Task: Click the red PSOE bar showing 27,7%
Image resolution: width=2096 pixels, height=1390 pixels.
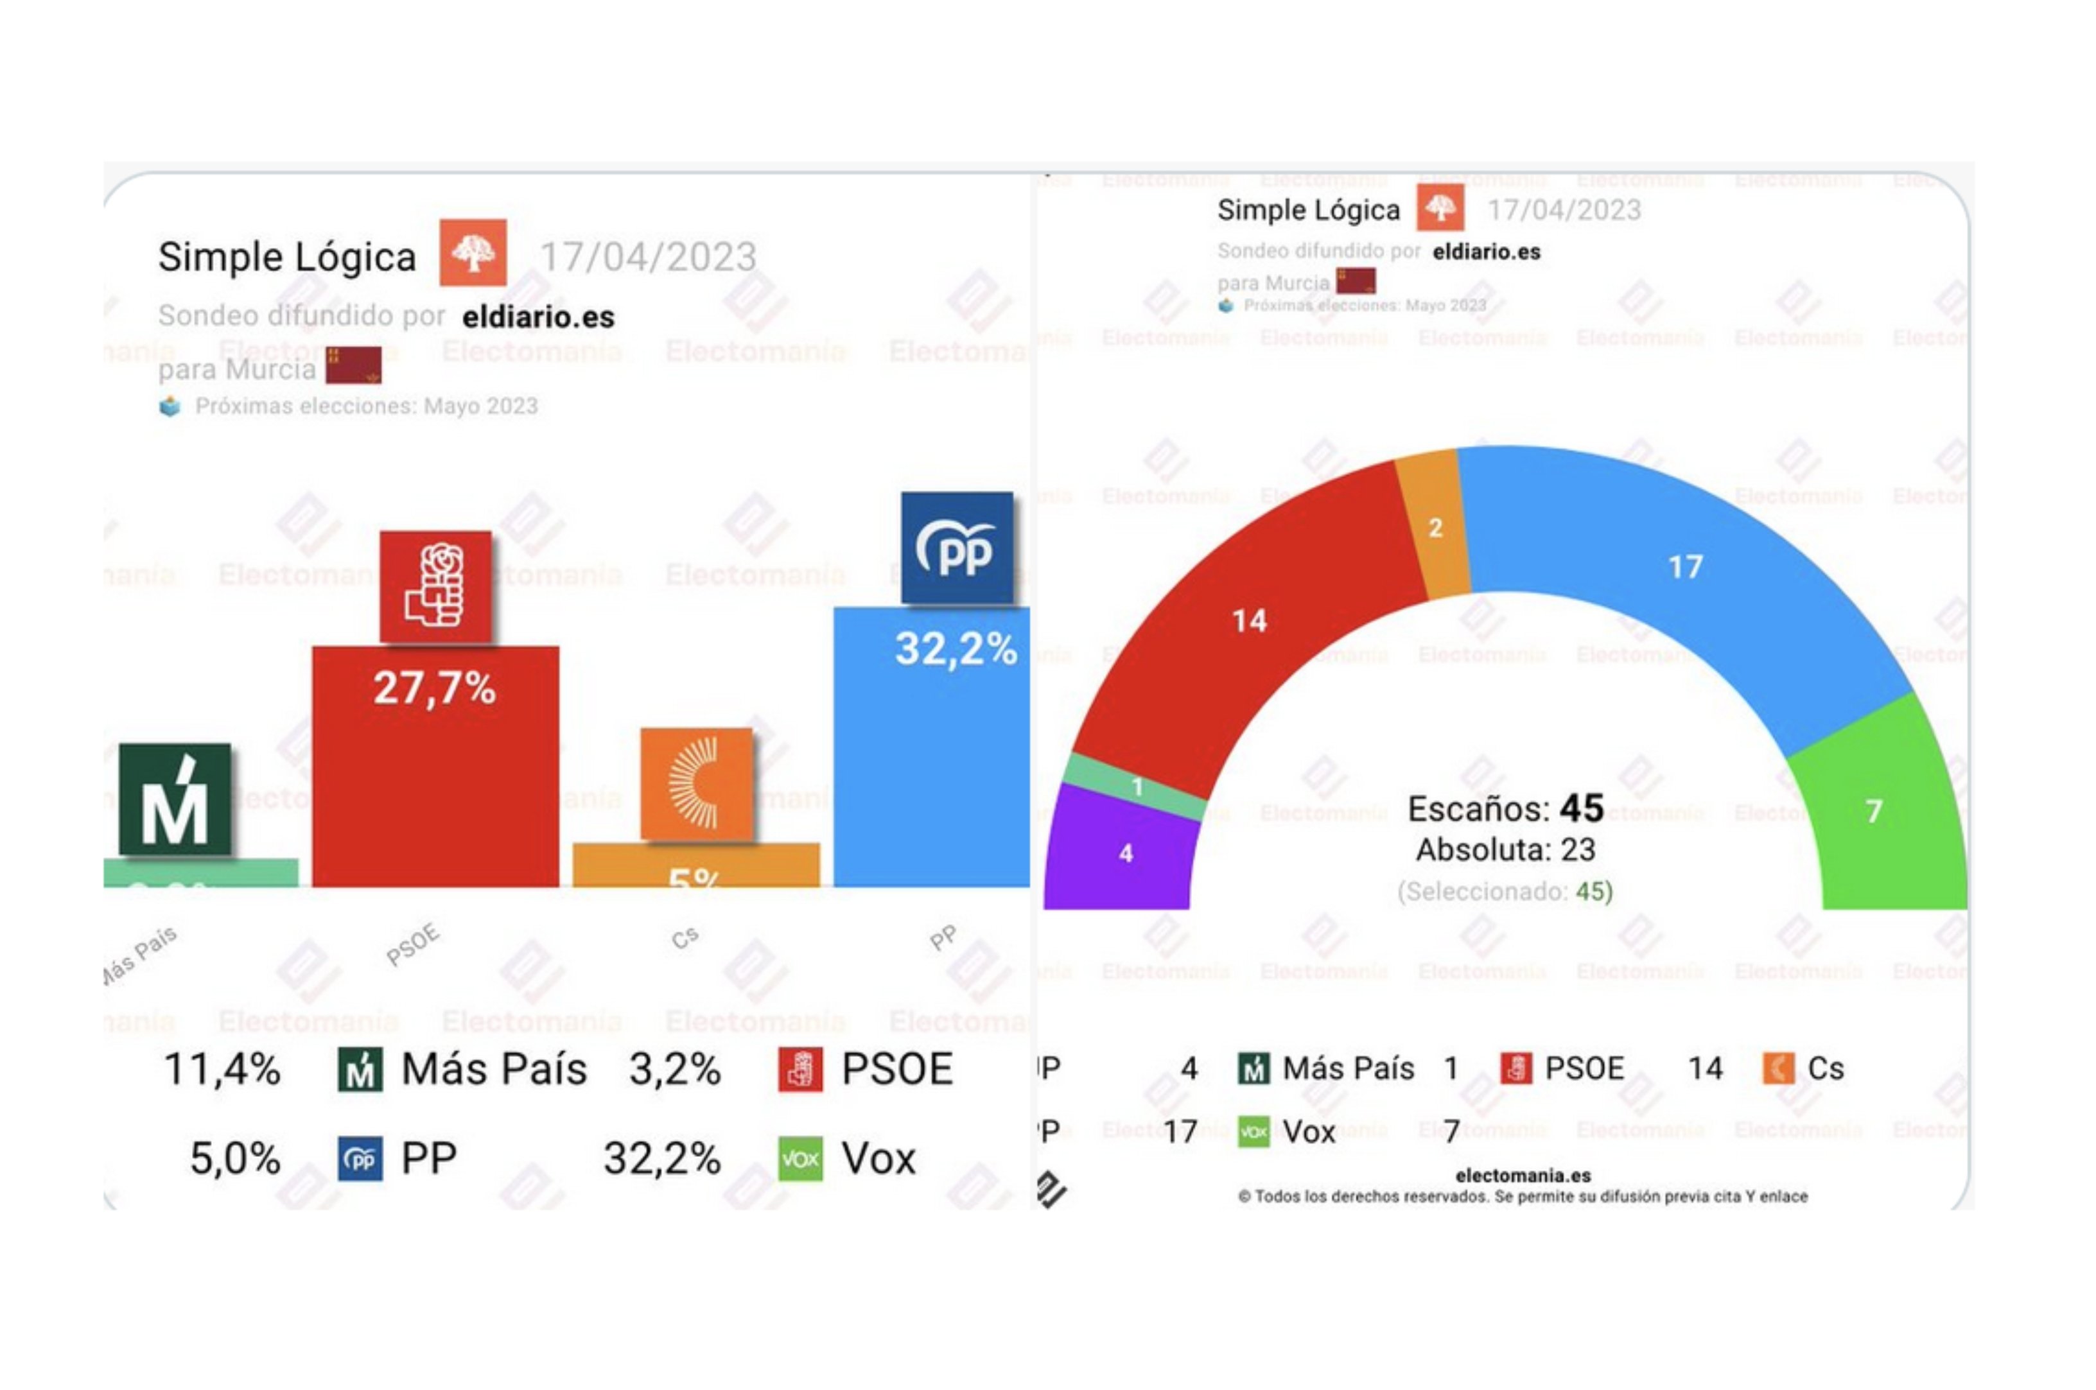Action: (x=435, y=780)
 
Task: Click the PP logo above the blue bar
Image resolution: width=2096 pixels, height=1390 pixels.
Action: (x=957, y=548)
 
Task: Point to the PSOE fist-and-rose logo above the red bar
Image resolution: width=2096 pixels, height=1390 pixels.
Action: (x=435, y=586)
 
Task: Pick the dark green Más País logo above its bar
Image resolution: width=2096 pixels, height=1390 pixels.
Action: (x=175, y=799)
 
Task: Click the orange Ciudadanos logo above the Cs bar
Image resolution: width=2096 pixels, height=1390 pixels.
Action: (x=697, y=784)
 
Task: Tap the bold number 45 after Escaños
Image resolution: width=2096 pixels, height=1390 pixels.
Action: (x=1581, y=808)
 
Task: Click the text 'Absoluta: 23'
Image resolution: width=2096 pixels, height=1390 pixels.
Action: (x=1505, y=850)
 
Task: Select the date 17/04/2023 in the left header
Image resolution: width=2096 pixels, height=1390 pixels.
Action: (x=648, y=257)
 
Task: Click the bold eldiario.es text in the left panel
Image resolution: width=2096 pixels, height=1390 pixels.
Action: (x=538, y=317)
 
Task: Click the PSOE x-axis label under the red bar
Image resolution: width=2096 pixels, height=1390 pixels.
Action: (x=412, y=943)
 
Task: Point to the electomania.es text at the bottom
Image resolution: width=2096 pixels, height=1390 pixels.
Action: (x=1523, y=1176)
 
